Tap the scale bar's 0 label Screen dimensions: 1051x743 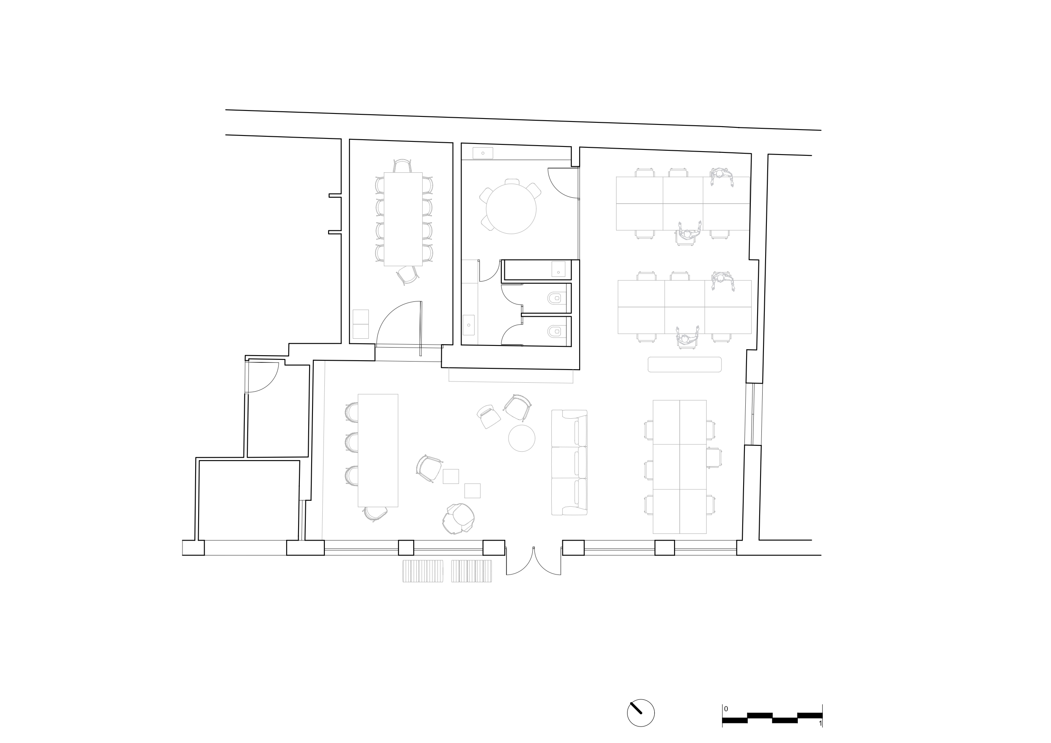[x=726, y=709]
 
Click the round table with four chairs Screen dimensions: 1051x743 [x=511, y=208]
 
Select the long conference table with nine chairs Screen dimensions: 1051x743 [x=403, y=219]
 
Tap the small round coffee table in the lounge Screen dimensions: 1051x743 [x=521, y=438]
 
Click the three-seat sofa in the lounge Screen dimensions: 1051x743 [x=570, y=462]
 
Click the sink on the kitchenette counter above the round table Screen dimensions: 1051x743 [x=483, y=153]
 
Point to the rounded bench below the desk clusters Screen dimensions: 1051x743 [x=685, y=365]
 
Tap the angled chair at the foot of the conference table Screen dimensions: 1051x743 [x=407, y=275]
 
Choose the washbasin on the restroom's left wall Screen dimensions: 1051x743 [x=469, y=325]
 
